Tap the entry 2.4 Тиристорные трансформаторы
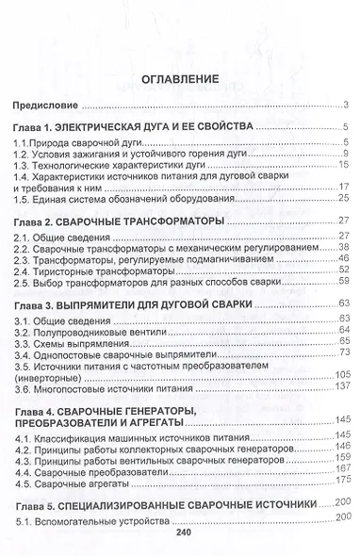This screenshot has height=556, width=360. pyautogui.click(x=97, y=270)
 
